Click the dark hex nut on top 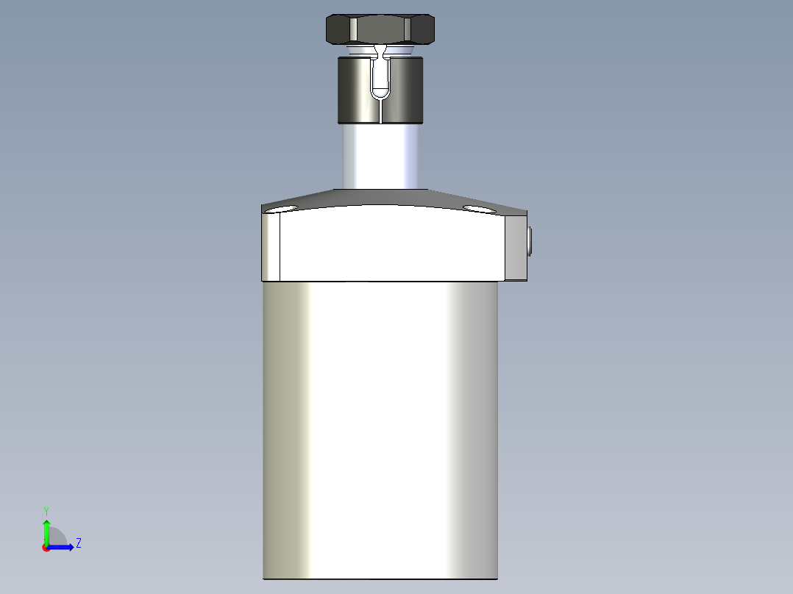tap(380, 29)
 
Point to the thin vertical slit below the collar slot tap(380, 110)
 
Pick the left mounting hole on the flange tap(281, 209)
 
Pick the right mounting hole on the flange tap(480, 209)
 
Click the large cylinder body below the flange tap(380, 426)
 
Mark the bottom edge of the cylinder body tap(380, 579)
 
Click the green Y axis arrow tap(46, 531)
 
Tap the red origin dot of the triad tap(46, 548)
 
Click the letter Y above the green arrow tap(46, 510)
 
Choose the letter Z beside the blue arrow tap(79, 543)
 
